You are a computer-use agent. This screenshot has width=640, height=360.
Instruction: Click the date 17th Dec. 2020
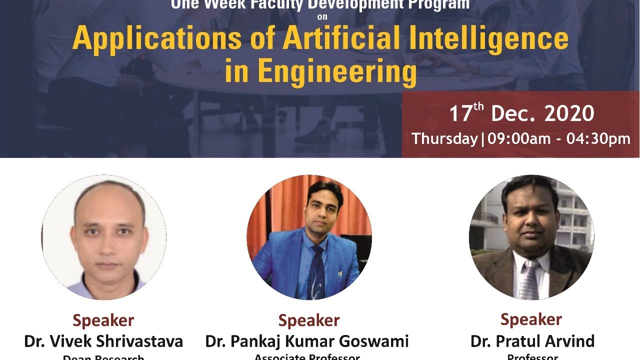(521, 114)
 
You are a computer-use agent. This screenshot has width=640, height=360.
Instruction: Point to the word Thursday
(444, 138)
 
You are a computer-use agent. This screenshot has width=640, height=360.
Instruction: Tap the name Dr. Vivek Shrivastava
(103, 341)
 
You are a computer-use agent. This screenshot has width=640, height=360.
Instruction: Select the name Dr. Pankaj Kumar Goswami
(307, 341)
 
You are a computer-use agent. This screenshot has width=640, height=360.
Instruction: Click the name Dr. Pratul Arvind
(532, 341)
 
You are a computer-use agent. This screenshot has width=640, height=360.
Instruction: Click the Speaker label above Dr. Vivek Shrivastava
(103, 320)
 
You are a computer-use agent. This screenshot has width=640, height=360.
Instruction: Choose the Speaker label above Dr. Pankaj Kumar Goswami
(309, 320)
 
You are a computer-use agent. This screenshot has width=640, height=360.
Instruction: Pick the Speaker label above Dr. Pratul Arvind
(531, 319)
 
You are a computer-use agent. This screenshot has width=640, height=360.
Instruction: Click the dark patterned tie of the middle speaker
(316, 272)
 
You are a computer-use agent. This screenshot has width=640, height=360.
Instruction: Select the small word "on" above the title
(320, 16)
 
